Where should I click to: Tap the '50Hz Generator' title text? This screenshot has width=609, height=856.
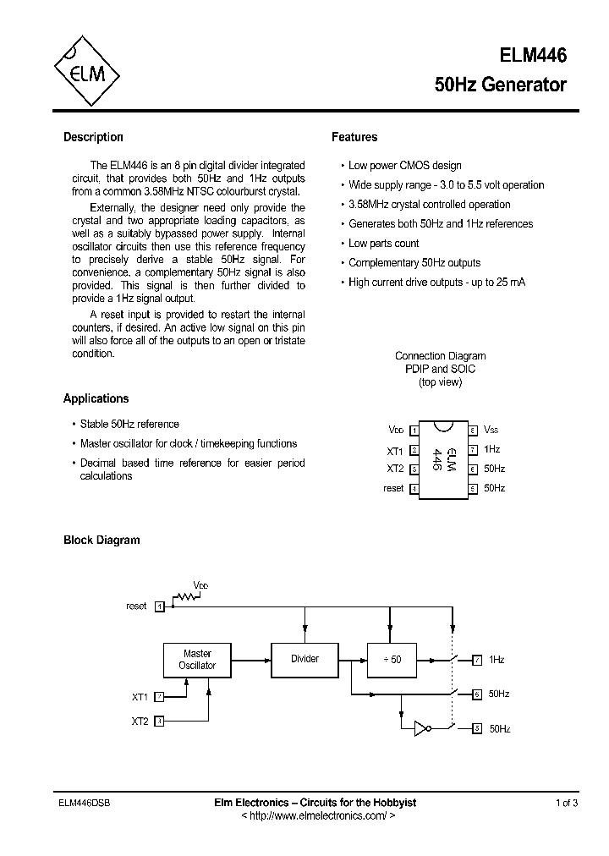click(x=500, y=85)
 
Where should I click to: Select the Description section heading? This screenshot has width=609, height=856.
click(x=93, y=137)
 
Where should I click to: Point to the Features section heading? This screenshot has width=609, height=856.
click(x=354, y=137)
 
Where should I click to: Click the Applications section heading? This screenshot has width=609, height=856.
click(x=96, y=398)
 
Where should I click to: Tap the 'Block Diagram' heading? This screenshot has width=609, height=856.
click(x=101, y=540)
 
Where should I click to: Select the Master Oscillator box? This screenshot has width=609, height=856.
click(x=197, y=660)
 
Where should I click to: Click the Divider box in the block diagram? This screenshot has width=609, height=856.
click(x=304, y=659)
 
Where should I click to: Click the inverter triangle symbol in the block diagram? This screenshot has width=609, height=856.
click(x=422, y=728)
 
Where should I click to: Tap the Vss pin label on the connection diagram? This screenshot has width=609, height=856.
click(x=491, y=431)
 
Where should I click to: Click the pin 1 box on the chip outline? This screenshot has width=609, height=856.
click(x=414, y=431)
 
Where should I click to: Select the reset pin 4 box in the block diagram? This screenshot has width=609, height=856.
click(x=159, y=606)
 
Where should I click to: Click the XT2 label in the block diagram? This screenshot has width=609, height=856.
click(x=140, y=722)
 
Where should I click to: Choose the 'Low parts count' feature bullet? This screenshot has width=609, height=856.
click(x=383, y=244)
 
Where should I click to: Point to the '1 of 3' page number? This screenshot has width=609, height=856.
click(x=567, y=803)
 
